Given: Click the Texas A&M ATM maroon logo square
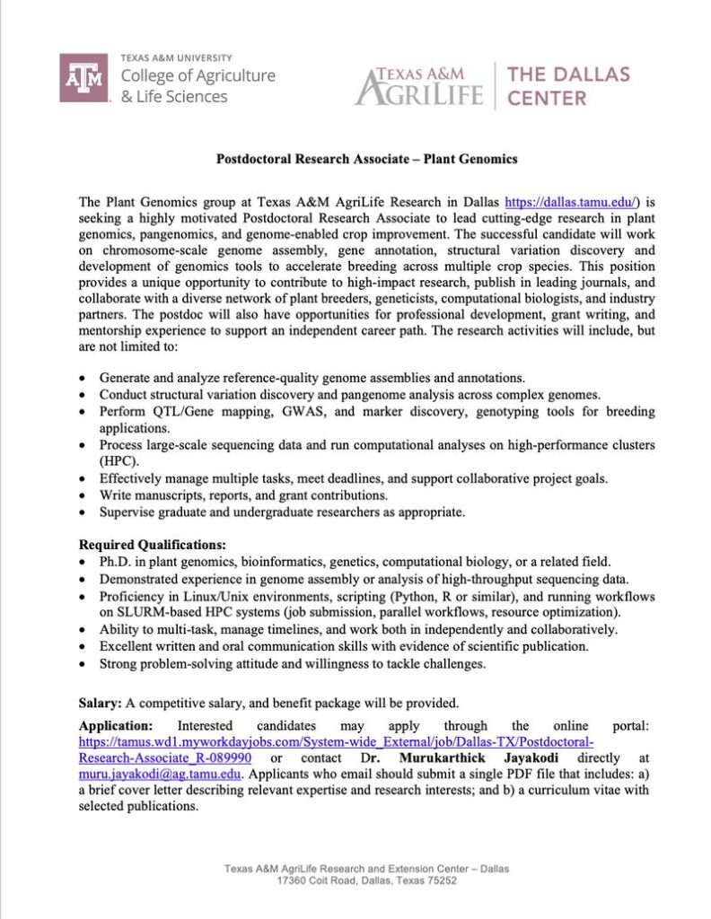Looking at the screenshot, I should tap(84, 78).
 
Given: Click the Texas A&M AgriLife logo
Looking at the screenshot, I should tap(419, 85).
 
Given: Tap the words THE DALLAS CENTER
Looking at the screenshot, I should tap(568, 85).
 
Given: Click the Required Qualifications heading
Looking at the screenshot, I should tap(153, 545).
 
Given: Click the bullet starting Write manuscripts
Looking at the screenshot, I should tap(242, 495).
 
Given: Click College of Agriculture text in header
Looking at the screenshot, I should tap(197, 76).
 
